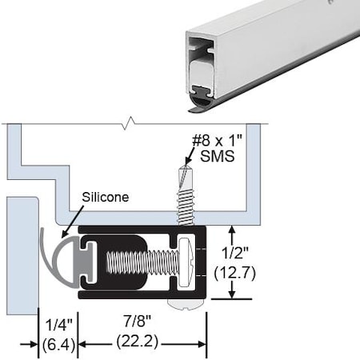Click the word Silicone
pyautogui.click(x=106, y=196)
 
